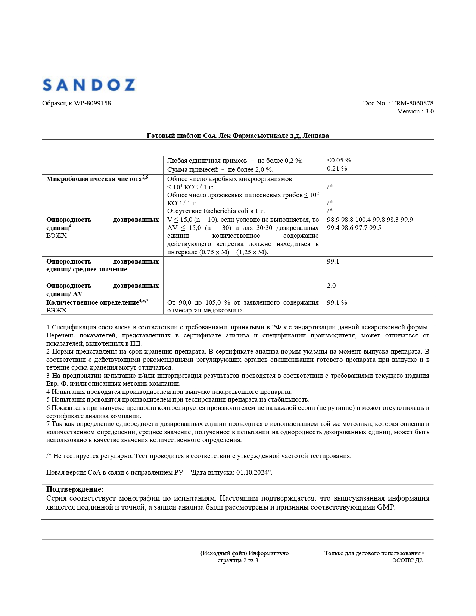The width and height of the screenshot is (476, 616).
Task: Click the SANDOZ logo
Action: (x=88, y=85)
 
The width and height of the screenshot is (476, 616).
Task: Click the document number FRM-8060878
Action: (x=413, y=103)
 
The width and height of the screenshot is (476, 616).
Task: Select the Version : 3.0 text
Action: (x=416, y=111)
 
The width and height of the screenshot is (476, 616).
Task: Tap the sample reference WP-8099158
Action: (x=92, y=103)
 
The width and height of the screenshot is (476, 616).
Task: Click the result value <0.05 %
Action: (x=339, y=160)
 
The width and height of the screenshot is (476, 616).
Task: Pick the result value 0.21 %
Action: (x=337, y=168)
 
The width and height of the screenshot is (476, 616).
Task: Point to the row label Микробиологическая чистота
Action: (x=94, y=179)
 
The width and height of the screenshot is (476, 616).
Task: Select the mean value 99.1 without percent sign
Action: (x=333, y=261)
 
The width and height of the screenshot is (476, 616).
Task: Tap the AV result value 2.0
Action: (x=331, y=286)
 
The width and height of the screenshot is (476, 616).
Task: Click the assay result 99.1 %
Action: (x=337, y=302)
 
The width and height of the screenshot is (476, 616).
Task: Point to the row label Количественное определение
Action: (x=92, y=302)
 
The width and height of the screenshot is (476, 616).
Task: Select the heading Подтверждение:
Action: (x=75, y=489)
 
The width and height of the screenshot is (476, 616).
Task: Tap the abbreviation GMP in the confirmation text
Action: (x=386, y=507)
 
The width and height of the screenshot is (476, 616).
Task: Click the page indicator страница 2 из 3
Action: (x=238, y=560)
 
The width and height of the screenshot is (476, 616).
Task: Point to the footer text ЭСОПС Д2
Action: (x=407, y=560)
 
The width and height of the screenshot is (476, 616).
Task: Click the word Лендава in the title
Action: (x=315, y=136)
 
